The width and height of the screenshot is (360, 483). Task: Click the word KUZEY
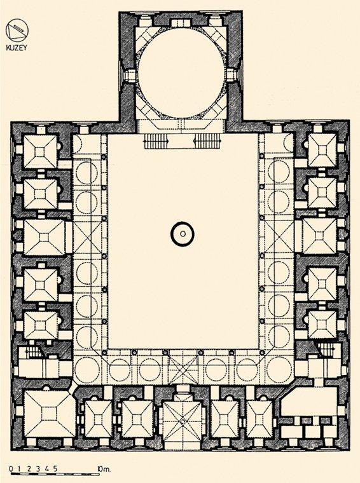pos(17,48)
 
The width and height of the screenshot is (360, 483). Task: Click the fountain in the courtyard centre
pos(182,234)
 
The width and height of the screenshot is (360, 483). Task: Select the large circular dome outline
pos(139,73)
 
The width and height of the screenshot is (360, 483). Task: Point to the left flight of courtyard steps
pos(156,141)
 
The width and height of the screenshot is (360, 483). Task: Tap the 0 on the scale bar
pos(11,469)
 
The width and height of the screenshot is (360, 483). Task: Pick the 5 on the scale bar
pos(55,469)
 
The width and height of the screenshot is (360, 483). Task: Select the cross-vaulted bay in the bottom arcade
pos(183,370)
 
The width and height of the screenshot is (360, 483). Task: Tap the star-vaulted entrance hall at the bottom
pos(183,421)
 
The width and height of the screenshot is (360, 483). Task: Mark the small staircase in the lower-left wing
pos(33,352)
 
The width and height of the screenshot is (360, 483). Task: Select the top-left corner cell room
pos(40,151)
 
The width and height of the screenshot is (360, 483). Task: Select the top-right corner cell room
pos(322,151)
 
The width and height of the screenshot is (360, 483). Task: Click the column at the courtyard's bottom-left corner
pos(104,352)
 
